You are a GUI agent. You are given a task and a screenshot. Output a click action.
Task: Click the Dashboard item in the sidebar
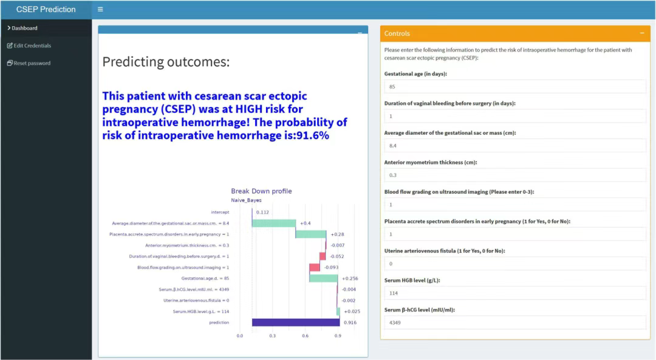coord(22,28)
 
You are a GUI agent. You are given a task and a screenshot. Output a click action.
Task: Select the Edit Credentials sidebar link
coord(29,46)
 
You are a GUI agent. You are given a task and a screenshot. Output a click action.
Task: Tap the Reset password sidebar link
coord(29,63)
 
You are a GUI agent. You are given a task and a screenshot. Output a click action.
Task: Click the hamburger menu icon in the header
coord(100,9)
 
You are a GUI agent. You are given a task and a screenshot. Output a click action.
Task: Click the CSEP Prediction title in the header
coord(46,9)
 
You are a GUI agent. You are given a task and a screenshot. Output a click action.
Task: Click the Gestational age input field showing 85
coord(515,87)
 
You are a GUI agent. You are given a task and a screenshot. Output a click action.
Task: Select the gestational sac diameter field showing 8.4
coord(515,146)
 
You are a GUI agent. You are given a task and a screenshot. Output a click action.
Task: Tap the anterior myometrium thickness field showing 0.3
coord(515,175)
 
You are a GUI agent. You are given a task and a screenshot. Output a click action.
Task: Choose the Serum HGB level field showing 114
coord(515,293)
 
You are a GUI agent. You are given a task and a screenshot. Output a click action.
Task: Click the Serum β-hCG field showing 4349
coord(515,323)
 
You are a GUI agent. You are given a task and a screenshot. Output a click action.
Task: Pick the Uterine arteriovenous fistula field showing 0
coord(515,264)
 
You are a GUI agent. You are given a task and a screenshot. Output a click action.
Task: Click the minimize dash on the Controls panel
coord(642,33)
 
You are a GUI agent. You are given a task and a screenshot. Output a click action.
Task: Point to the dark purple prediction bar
coord(296,322)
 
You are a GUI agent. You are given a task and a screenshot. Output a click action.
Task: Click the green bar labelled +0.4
coord(274,223)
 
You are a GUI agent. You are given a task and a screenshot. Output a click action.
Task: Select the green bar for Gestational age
coord(323,279)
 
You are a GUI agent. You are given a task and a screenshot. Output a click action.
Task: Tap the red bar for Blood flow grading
coord(315,267)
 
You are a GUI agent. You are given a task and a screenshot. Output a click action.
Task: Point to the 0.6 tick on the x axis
coord(305,336)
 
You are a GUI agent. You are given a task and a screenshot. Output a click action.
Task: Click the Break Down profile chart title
coord(261,191)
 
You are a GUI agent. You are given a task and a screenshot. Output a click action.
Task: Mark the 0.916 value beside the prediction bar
coord(350,322)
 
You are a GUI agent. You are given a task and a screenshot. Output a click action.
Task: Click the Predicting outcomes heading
coord(166,62)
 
